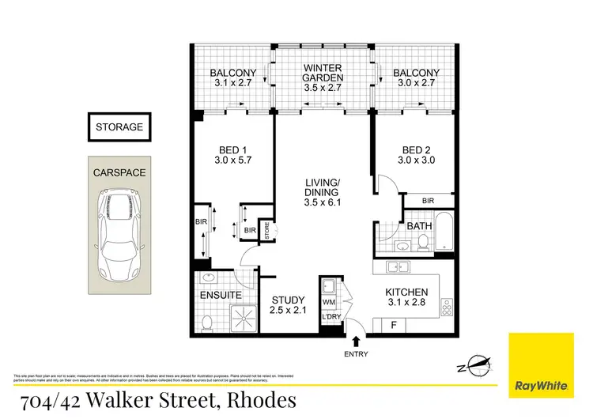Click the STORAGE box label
[119, 126]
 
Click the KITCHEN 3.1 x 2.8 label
[406, 297]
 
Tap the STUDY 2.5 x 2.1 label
[287, 306]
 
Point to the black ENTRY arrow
[354, 341]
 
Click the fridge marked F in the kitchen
[394, 324]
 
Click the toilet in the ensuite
[207, 322]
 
